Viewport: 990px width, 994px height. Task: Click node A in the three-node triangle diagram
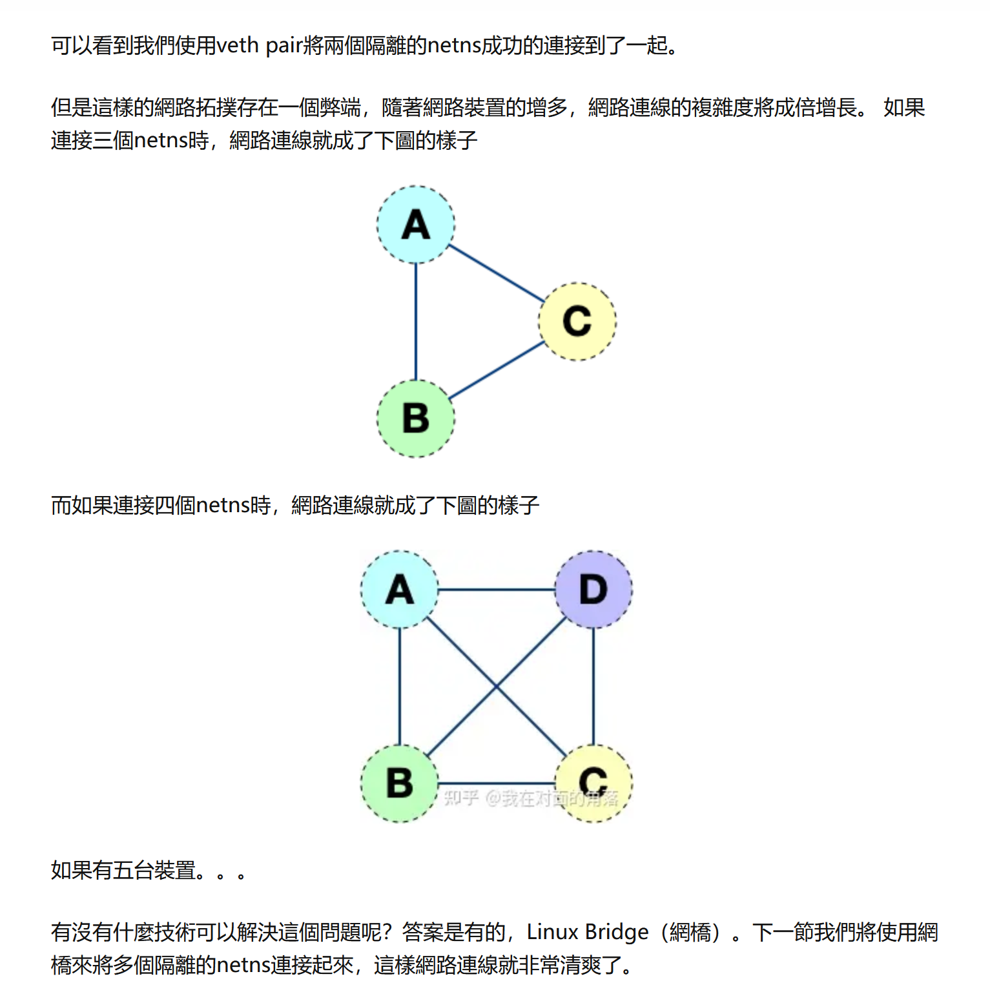(x=416, y=225)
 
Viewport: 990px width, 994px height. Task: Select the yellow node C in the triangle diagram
(x=577, y=321)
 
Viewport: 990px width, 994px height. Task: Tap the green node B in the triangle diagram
(x=416, y=418)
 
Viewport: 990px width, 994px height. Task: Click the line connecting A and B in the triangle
(x=416, y=321)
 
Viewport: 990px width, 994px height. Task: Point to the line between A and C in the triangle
(x=496, y=273)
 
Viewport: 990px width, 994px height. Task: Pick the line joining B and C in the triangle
(x=496, y=370)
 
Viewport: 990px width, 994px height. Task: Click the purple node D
(x=593, y=589)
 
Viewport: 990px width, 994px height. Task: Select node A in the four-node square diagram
(x=400, y=589)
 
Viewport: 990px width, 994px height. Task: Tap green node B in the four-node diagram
(x=400, y=783)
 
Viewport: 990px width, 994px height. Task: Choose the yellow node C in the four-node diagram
(x=593, y=783)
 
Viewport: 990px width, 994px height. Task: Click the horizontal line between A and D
(x=496, y=590)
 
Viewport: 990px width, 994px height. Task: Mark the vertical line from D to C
(x=593, y=686)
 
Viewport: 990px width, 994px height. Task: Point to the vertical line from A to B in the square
(x=400, y=686)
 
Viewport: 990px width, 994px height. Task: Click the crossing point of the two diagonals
(x=497, y=686)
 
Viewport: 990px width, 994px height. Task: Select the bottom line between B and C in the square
(x=496, y=783)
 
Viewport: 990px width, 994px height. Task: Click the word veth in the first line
(x=237, y=45)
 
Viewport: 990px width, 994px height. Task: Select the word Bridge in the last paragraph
(x=617, y=932)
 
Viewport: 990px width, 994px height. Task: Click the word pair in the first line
(x=284, y=45)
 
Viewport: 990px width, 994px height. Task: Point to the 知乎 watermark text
(x=461, y=798)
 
